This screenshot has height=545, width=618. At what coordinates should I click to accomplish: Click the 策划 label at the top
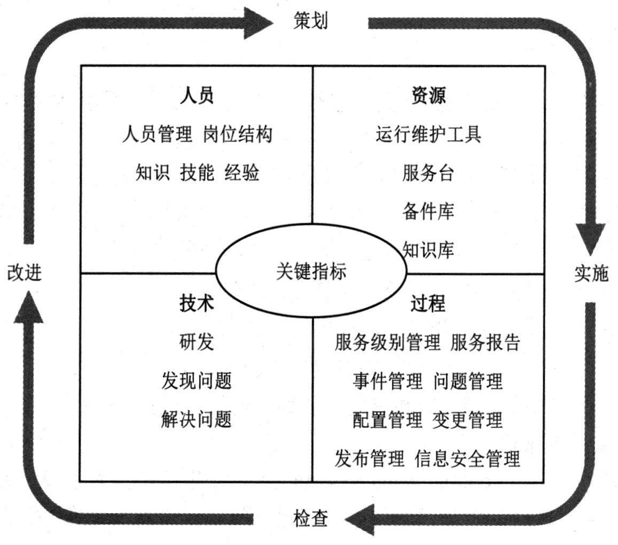[310, 21]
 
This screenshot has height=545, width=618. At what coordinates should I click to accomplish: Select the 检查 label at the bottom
[310, 518]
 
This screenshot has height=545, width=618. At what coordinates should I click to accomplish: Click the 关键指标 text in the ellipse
[311, 271]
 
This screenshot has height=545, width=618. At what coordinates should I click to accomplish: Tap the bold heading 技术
[197, 303]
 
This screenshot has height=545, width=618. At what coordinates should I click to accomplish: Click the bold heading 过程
[428, 303]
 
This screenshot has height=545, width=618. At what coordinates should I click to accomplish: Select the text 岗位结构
[238, 134]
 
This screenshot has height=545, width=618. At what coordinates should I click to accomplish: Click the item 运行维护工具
[428, 134]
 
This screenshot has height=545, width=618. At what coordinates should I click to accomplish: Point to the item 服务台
[428, 173]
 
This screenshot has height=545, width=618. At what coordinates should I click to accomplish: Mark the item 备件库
[428, 212]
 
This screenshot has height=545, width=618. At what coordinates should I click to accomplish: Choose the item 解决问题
[197, 419]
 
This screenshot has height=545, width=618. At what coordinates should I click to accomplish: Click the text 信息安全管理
[467, 458]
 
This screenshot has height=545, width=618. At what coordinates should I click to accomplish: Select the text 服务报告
[485, 342]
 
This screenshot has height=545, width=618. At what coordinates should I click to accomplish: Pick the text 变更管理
[467, 419]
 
